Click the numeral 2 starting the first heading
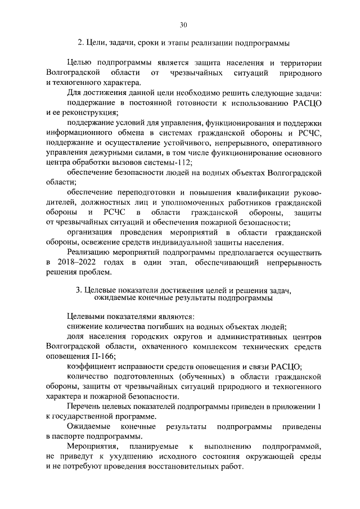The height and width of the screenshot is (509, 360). click(79, 43)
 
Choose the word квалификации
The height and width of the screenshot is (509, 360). click(261, 191)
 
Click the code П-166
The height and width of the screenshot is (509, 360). click(102, 357)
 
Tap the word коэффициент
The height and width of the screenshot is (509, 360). click(94, 366)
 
